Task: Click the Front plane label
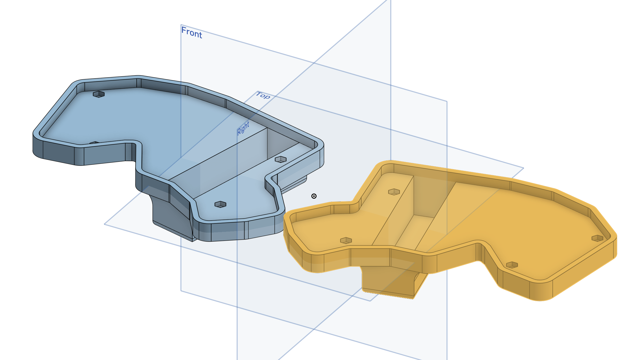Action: pos(192,32)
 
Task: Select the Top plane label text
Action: pos(263,95)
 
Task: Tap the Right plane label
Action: pos(243,128)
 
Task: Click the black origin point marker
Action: pos(314,196)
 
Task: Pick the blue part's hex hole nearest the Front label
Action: pos(99,94)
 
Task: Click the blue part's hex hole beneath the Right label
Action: pos(281,159)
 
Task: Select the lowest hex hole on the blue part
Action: pos(220,204)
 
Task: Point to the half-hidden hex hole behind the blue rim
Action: pos(94,143)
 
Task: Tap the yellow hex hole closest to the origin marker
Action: pos(346,240)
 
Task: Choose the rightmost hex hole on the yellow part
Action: pos(597,238)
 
